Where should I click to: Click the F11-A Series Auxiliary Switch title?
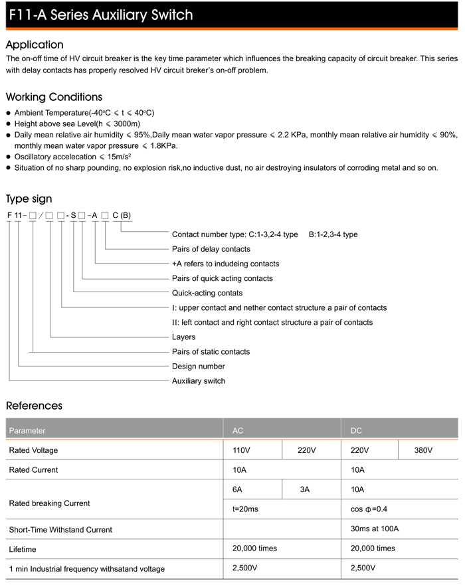pos(102,15)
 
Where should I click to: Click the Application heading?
pos(35,45)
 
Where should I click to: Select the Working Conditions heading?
pos(54,98)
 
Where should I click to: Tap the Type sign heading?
pos(29,199)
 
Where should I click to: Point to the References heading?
pos(34,405)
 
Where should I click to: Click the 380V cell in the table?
pos(423,450)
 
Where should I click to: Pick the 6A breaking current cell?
pos(237,489)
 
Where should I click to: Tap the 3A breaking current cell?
pos(305,489)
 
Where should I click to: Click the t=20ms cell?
pos(244,509)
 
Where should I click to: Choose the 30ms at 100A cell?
pos(374,529)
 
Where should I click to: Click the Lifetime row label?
pos(23,549)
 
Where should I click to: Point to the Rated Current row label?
pos(33,469)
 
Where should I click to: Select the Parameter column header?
pos(27,430)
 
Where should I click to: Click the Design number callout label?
pos(198,366)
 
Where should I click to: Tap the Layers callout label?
pos(183,337)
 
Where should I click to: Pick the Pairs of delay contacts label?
pos(211,249)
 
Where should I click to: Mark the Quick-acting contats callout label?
pos(207,293)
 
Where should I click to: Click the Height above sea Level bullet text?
pos(77,124)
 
